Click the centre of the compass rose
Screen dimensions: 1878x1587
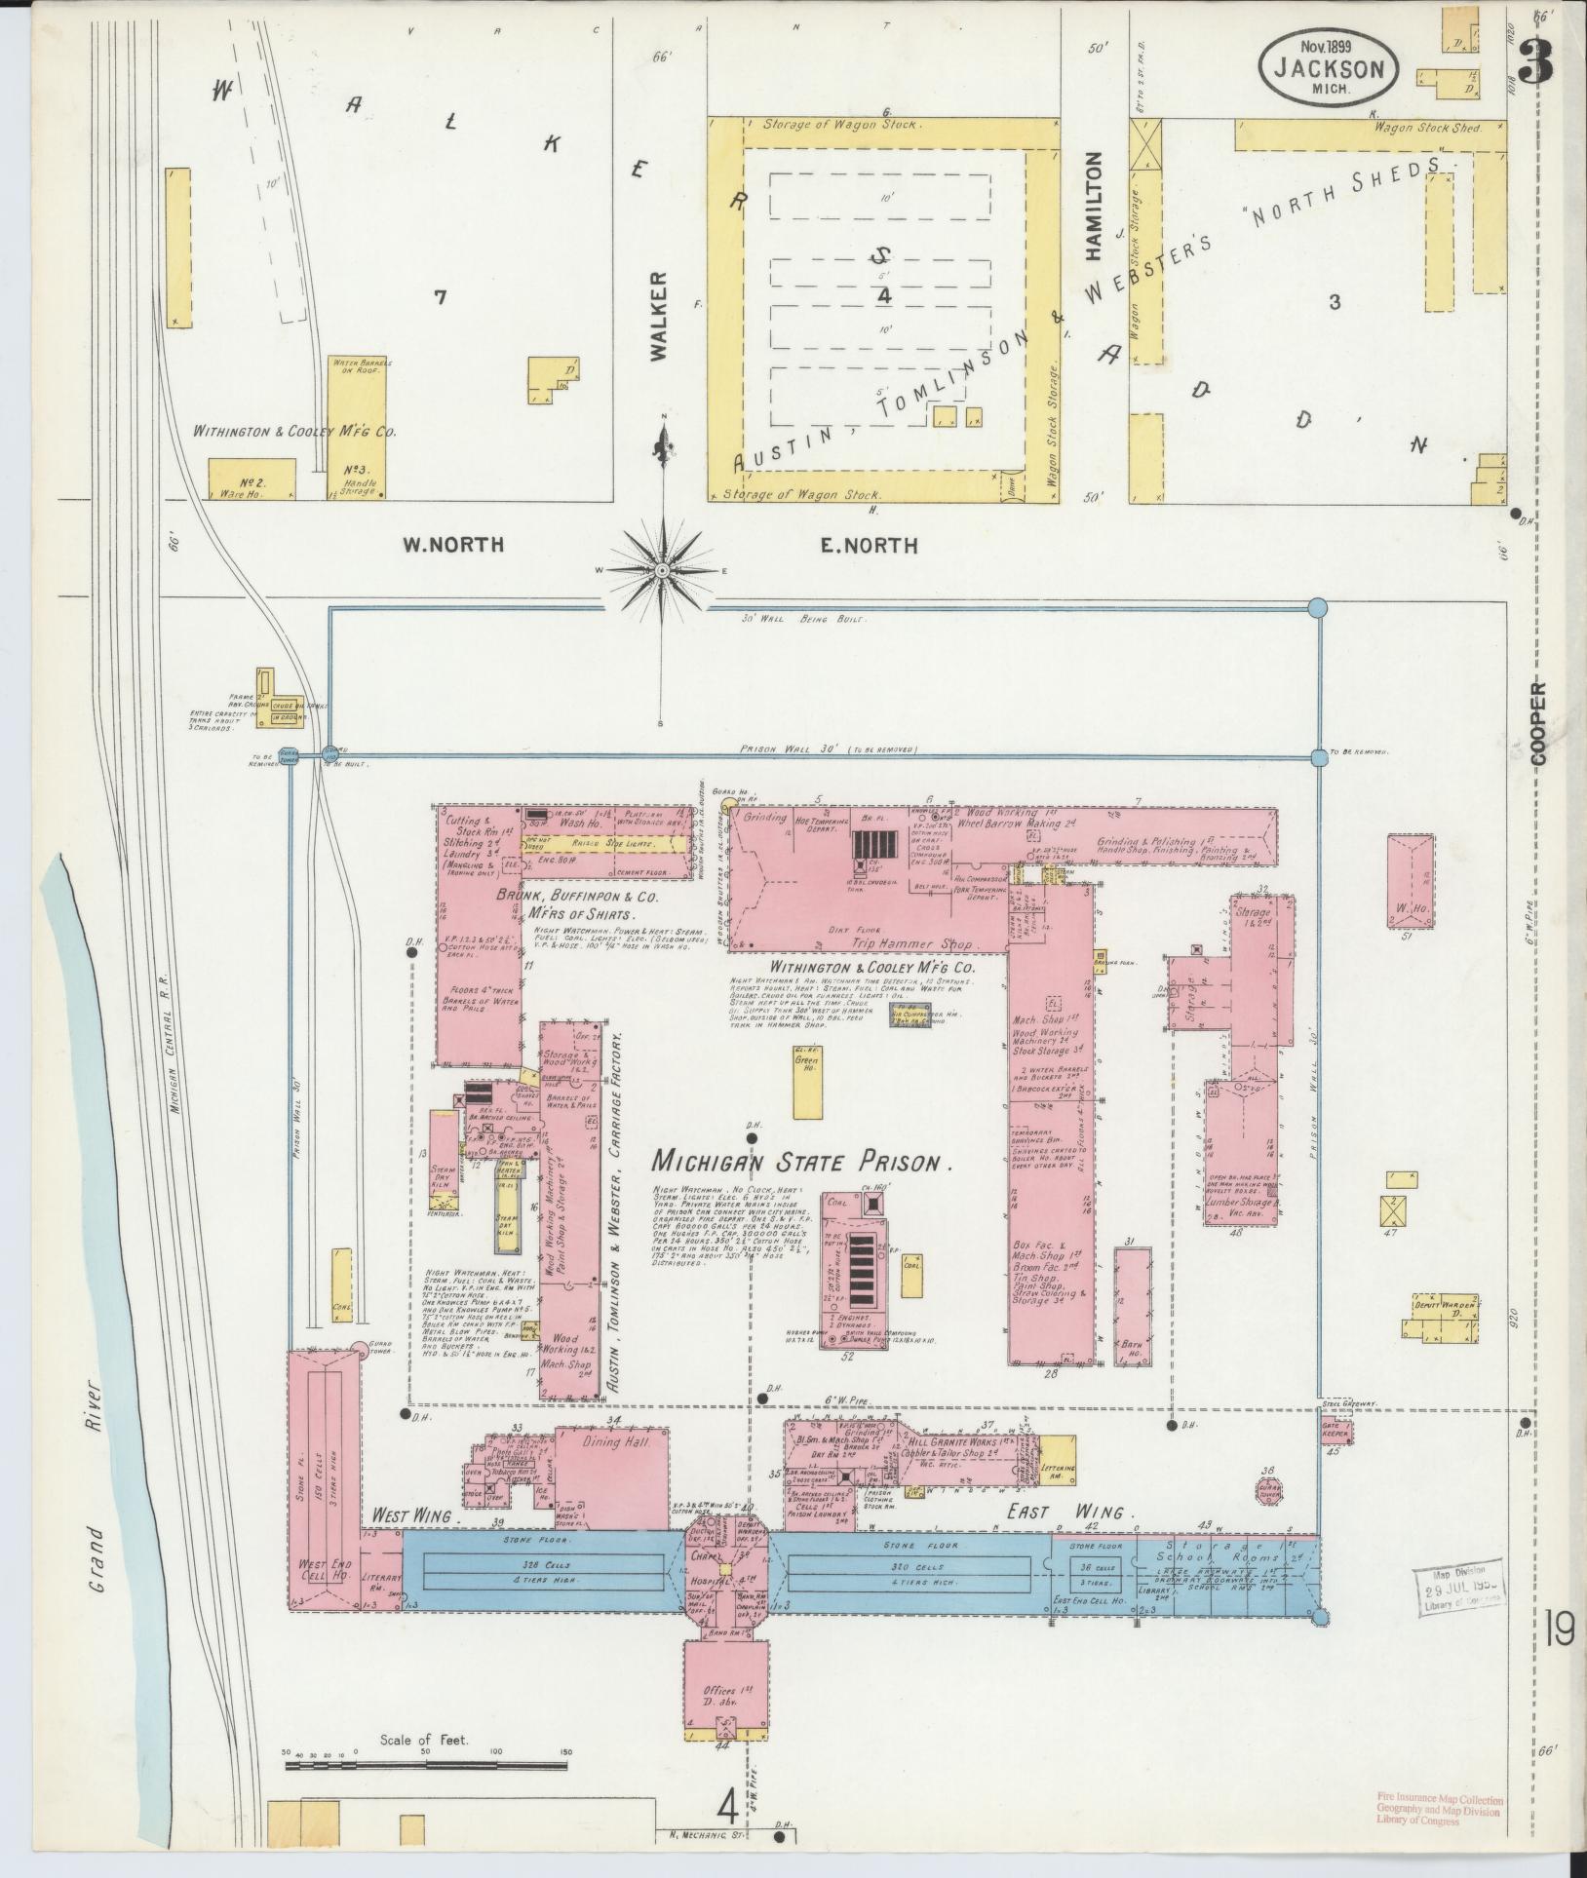point(662,570)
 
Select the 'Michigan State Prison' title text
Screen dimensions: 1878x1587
point(800,1161)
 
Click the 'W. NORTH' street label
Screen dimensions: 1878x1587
point(453,545)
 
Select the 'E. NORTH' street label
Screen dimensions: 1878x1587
point(869,545)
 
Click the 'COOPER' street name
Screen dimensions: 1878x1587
point(1538,721)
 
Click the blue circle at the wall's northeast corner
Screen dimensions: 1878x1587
point(1317,607)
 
